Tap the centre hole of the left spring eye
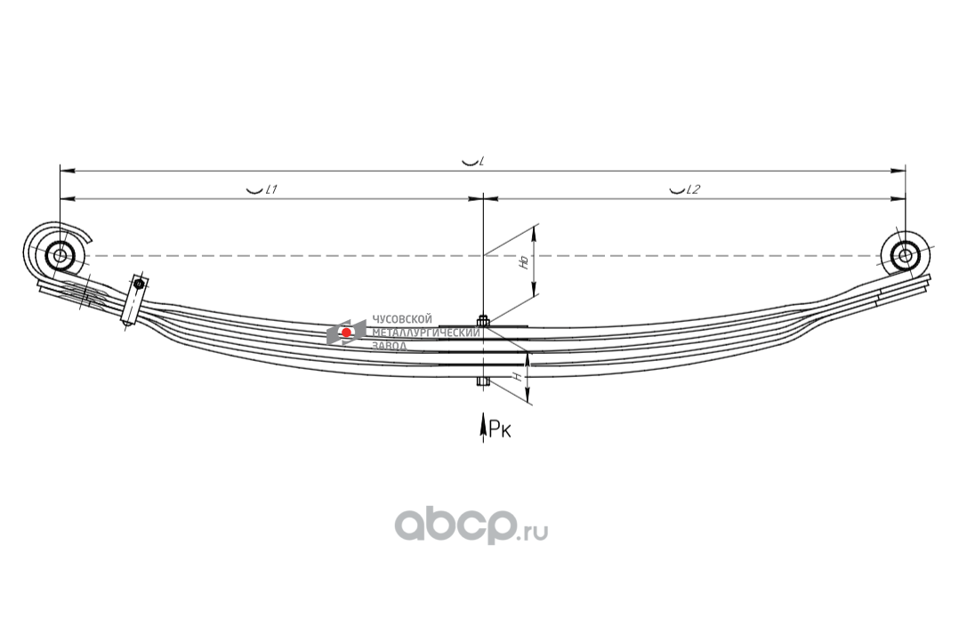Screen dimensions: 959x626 [60, 256]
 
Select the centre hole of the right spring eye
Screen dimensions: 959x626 [905, 256]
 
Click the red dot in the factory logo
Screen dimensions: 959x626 [346, 333]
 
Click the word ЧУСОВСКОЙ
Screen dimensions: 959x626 [401, 319]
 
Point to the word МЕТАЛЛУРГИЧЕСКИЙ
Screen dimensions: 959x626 [424, 333]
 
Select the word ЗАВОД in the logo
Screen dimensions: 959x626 [390, 345]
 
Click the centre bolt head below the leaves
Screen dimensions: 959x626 [483, 383]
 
